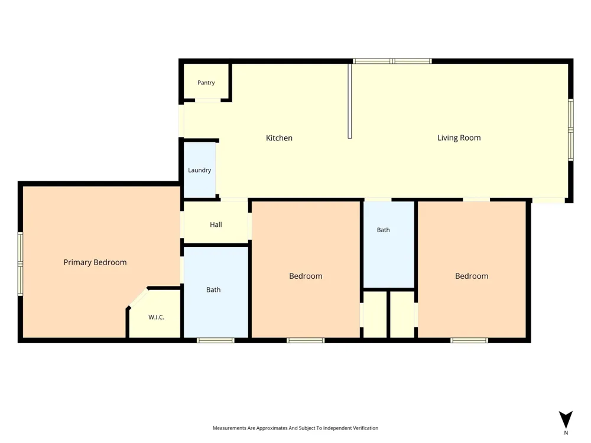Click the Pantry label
pyautogui.click(x=206, y=83)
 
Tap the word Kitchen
pyautogui.click(x=279, y=138)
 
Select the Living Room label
pyautogui.click(x=459, y=138)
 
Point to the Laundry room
pyautogui.click(x=199, y=170)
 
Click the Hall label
pyautogui.click(x=216, y=224)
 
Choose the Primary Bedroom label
pyautogui.click(x=95, y=262)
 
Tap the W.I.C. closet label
pyautogui.click(x=156, y=317)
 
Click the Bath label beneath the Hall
pyautogui.click(x=213, y=289)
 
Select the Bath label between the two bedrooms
pyautogui.click(x=384, y=230)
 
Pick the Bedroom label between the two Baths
pyautogui.click(x=306, y=276)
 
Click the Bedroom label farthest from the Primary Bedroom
pyautogui.click(x=472, y=276)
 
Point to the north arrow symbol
pyautogui.click(x=566, y=419)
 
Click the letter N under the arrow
pyautogui.click(x=566, y=433)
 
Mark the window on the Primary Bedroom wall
pyautogui.click(x=20, y=263)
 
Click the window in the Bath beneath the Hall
pyautogui.click(x=216, y=340)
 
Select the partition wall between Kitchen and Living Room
pyautogui.click(x=350, y=101)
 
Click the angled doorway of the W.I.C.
pyautogui.click(x=138, y=298)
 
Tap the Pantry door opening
pyautogui.click(x=207, y=100)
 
